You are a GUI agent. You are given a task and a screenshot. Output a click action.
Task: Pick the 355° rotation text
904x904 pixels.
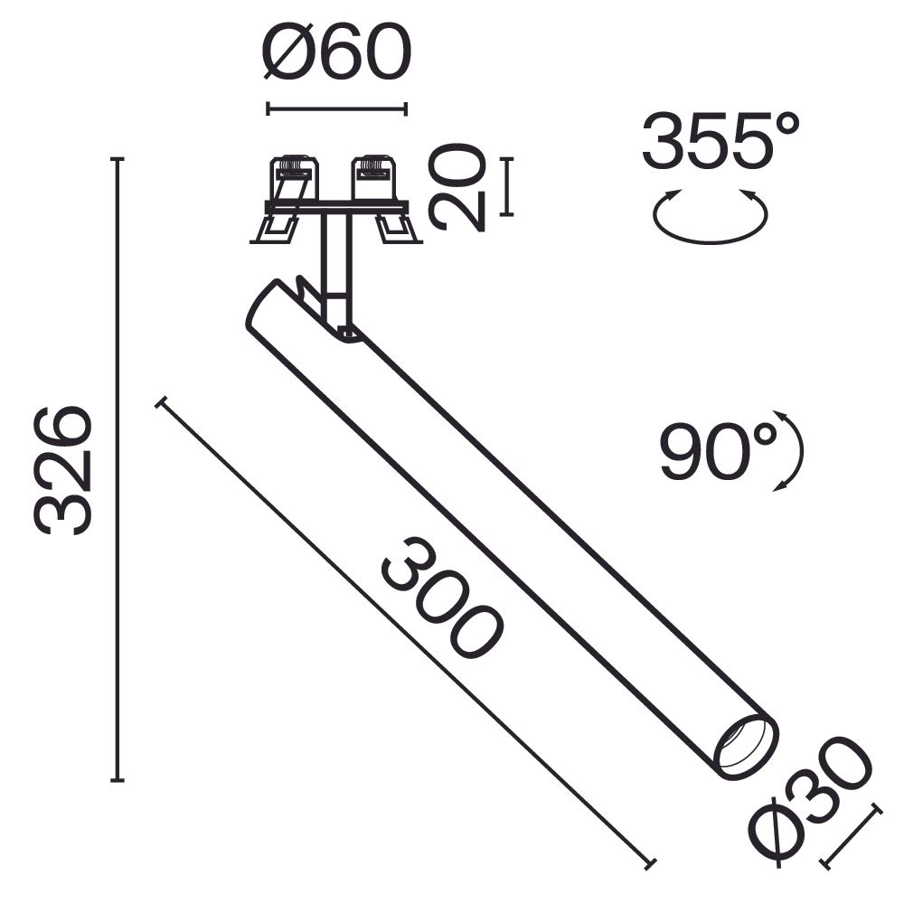[x=721, y=142]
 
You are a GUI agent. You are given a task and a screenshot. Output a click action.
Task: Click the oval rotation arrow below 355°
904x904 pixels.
[x=711, y=217]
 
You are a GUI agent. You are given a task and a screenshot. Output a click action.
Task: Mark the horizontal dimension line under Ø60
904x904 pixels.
[x=336, y=109]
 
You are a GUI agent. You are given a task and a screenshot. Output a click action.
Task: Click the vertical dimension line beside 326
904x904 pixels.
[x=117, y=470]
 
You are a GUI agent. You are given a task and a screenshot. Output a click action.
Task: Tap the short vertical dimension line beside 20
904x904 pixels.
[x=506, y=187]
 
